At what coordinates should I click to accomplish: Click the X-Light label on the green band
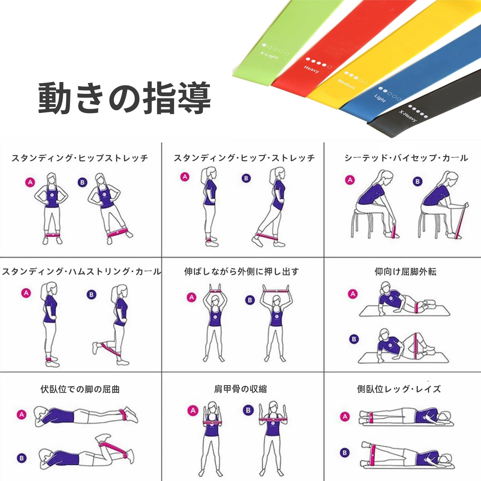[269, 55]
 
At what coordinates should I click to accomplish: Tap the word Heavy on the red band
[311, 69]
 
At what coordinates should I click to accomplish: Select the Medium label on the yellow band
[346, 84]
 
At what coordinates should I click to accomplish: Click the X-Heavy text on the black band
[408, 116]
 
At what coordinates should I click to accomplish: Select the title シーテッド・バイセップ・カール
[406, 158]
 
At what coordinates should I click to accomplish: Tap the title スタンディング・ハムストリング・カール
[81, 272]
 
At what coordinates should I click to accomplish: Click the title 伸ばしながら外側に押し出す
[241, 272]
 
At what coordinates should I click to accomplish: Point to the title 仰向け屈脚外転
[405, 272]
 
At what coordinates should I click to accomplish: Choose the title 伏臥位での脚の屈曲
[80, 389]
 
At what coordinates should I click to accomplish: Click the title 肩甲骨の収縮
[240, 389]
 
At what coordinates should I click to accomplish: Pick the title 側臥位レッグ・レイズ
[399, 389]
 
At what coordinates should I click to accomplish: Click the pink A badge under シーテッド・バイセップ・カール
[350, 180]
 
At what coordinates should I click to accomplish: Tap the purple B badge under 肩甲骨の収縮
[248, 410]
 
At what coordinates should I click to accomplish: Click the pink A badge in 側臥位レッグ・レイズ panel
[345, 417]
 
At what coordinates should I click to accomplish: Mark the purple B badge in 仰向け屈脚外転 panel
[354, 339]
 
